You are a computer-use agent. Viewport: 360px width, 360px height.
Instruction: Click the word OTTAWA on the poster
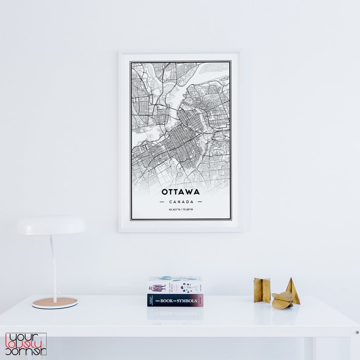pyautogui.click(x=180, y=192)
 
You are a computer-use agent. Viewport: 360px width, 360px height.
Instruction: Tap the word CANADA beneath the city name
pyautogui.click(x=181, y=202)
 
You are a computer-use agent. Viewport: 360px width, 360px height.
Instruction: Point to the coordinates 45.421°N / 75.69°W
pyautogui.click(x=181, y=209)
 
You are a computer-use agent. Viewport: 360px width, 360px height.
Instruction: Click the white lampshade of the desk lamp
pyautogui.click(x=51, y=225)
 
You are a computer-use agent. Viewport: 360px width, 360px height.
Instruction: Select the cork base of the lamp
pyautogui.click(x=55, y=302)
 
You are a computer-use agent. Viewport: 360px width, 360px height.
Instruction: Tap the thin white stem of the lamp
pyautogui.click(x=54, y=268)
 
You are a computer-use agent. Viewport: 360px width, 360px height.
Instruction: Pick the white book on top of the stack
pyautogui.click(x=175, y=285)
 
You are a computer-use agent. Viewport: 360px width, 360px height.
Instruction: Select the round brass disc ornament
pyautogui.click(x=281, y=301)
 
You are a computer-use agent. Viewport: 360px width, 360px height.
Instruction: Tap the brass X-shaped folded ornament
pyautogui.click(x=262, y=290)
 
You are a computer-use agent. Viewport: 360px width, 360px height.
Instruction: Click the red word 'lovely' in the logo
pyautogui.click(x=25, y=344)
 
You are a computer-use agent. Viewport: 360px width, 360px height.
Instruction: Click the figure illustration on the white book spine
pyautogui.click(x=157, y=287)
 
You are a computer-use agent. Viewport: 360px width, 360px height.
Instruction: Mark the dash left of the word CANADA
pyautogui.click(x=162, y=202)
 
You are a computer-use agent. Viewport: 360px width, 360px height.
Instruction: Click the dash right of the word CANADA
pyautogui.click(x=199, y=202)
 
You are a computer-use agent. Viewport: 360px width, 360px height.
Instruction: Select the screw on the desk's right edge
pyautogui.click(x=357, y=332)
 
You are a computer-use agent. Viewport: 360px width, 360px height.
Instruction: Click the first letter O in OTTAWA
pyautogui.click(x=165, y=192)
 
